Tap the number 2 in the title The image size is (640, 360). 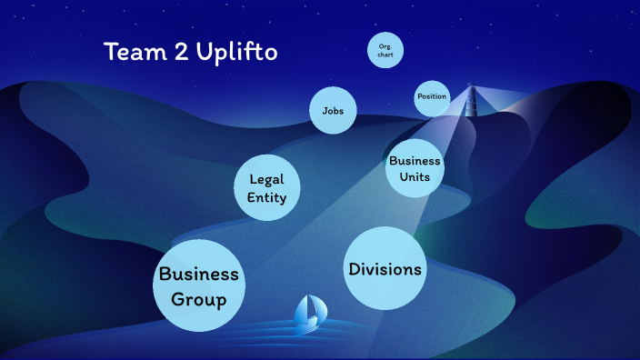(180, 52)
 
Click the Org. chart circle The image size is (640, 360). (385, 51)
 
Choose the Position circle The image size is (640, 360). (432, 97)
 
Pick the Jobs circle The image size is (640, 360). (332, 111)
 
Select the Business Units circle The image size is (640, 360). (415, 167)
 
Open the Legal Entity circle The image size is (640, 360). (267, 188)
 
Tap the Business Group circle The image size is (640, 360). (198, 285)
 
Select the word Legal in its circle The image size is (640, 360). (267, 179)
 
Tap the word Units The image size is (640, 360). (415, 176)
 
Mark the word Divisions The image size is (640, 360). (385, 269)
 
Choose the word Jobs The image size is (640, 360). (332, 111)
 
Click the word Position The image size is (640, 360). (432, 96)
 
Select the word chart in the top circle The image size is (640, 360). (385, 56)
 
